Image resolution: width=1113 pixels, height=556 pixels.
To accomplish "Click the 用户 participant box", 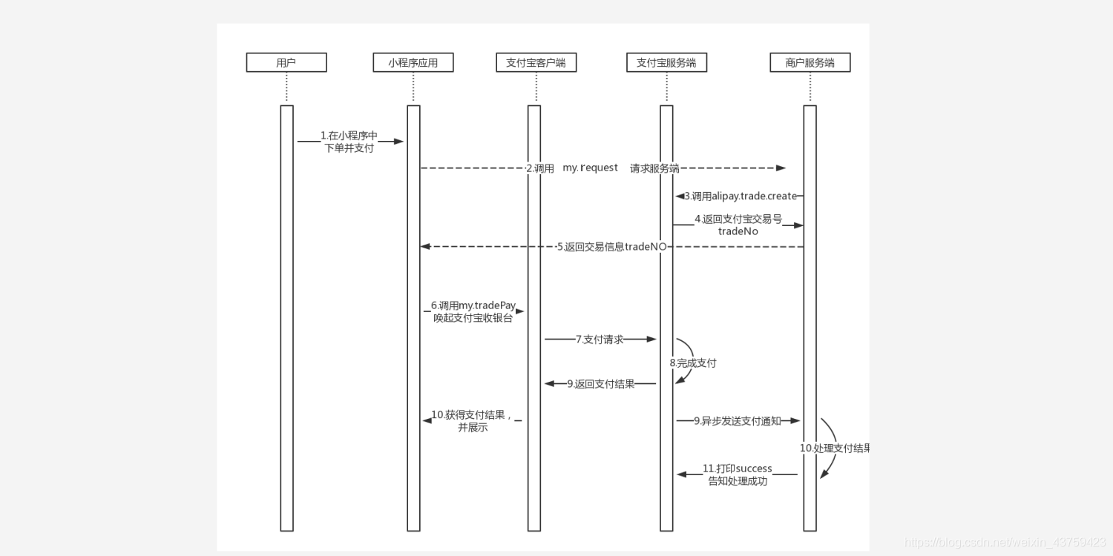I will coord(286,63).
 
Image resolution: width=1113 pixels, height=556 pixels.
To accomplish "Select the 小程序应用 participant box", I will coord(413,63).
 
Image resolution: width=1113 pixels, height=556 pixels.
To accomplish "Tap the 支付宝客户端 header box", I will coord(536,63).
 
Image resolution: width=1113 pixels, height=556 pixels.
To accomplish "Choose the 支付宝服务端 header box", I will coord(666,63).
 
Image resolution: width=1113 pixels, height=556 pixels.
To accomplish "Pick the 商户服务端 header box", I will coord(810,63).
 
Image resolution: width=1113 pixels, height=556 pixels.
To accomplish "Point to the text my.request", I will coord(590,168).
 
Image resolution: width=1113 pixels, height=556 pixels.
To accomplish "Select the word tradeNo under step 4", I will coord(738,231).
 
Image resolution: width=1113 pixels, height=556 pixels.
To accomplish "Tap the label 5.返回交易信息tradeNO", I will coord(611,247).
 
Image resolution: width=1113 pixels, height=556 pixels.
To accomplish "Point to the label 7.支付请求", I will coord(600,340).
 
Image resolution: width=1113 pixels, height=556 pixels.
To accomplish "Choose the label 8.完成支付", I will coord(693,363).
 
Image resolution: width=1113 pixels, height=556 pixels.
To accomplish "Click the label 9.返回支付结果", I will coord(601,384).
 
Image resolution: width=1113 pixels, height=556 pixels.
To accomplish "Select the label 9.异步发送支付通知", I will coord(737,421).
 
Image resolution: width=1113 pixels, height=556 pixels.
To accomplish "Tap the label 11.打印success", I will coord(738,469).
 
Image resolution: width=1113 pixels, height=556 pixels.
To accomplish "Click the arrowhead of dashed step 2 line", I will coord(781,168).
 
